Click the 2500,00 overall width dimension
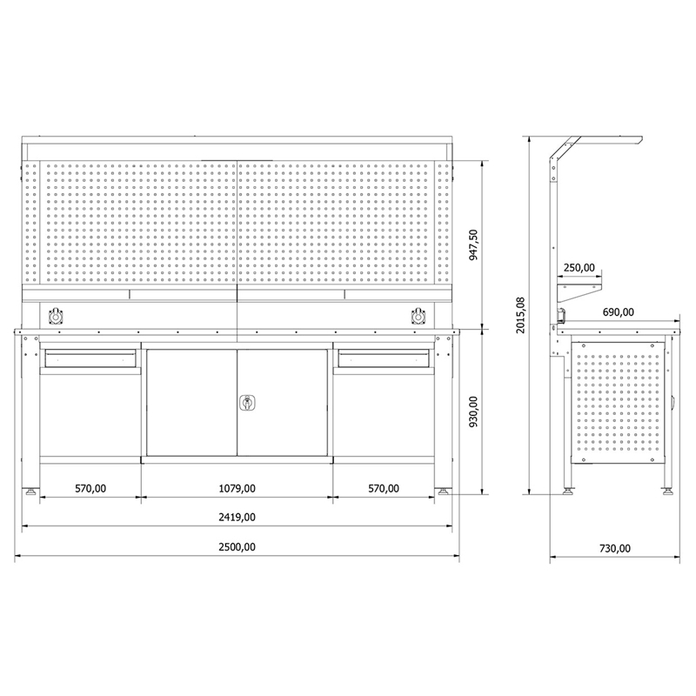(x=237, y=547)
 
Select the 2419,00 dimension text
(x=237, y=517)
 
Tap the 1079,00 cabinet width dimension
(x=237, y=488)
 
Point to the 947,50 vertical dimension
(x=473, y=244)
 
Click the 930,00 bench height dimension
(x=473, y=412)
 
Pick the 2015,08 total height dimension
(x=520, y=315)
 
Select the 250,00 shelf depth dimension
(x=579, y=268)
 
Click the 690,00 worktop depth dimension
(x=619, y=312)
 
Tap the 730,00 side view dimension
(x=615, y=549)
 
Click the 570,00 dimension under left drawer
(x=90, y=488)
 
